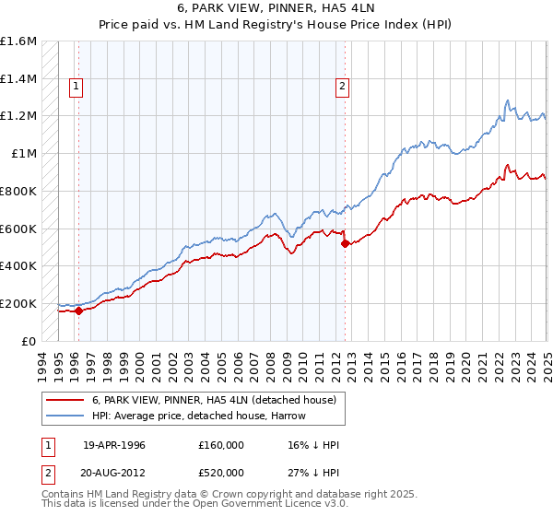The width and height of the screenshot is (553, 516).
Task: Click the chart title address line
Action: (276, 8)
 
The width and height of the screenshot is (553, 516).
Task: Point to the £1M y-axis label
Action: (25, 153)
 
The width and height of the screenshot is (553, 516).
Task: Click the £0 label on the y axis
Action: (30, 341)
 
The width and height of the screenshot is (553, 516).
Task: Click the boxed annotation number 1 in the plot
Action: (75, 88)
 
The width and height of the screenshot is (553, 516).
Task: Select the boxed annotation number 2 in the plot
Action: (342, 88)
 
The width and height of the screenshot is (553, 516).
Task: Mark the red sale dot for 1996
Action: (79, 311)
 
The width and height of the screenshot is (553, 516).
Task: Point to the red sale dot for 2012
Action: (345, 243)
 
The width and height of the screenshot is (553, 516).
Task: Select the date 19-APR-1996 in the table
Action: (114, 446)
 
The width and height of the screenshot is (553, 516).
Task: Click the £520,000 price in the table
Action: (221, 472)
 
